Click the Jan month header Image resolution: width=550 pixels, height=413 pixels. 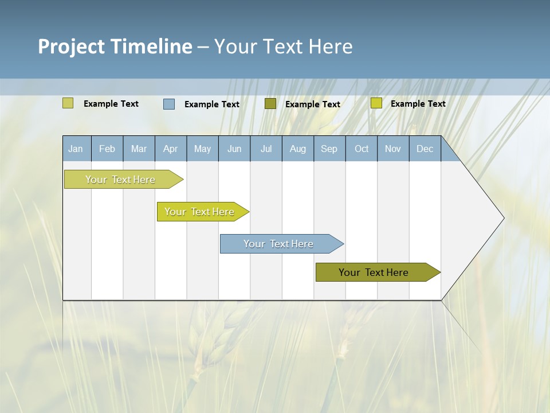click(76, 149)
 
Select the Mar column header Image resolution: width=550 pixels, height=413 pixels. click(139, 149)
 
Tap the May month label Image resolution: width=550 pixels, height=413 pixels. click(202, 149)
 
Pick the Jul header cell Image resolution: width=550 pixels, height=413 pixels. click(266, 149)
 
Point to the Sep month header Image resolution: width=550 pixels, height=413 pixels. click(329, 149)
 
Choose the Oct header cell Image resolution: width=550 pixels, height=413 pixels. click(362, 149)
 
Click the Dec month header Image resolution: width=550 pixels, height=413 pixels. click(425, 149)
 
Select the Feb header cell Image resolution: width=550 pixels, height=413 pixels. click(107, 149)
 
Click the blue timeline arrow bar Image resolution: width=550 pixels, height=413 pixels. click(279, 244)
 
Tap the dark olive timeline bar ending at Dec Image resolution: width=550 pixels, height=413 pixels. click(374, 272)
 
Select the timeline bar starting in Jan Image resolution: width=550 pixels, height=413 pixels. click(120, 180)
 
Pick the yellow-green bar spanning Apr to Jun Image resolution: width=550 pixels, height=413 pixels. click(200, 212)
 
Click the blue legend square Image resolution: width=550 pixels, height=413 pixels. click(169, 104)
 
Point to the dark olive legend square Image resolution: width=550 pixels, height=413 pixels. click(270, 104)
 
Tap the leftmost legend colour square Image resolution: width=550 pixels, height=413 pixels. click(68, 103)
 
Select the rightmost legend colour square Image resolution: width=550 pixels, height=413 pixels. click(376, 103)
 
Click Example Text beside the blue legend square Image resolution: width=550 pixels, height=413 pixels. click(212, 104)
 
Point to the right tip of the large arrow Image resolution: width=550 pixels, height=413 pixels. click(503, 218)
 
